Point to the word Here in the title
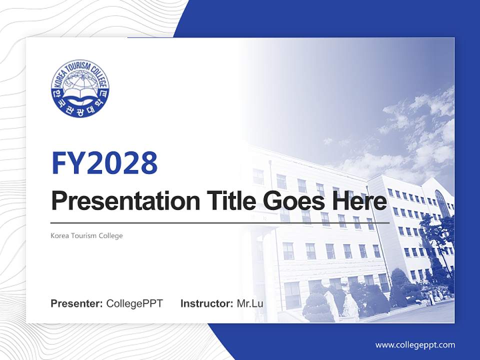pos(358,201)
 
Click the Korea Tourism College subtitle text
pos(86,235)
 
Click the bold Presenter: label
pos(77,303)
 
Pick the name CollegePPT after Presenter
pos(134,303)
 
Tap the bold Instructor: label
pos(206,303)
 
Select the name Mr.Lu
pos(250,303)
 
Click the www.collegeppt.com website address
pos(415,345)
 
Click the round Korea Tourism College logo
pos(80,89)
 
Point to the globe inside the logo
pos(80,80)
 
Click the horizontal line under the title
pos(220,222)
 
